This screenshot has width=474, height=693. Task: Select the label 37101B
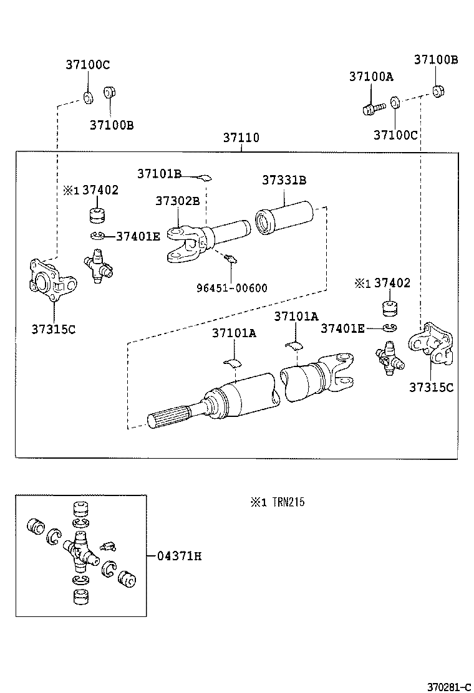160,173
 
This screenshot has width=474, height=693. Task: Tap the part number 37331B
284,180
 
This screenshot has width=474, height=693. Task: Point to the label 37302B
178,201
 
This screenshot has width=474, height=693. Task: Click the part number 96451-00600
231,287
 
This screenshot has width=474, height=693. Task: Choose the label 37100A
371,77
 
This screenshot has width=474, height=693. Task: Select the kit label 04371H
178,556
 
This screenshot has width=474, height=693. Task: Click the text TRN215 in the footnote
288,502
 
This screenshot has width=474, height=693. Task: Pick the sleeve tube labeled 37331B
290,219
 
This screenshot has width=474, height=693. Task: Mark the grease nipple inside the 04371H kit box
108,546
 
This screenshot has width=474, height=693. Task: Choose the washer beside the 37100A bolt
395,102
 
